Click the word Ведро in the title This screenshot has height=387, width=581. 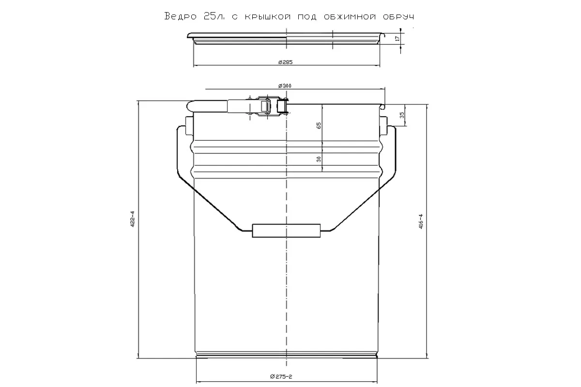179,16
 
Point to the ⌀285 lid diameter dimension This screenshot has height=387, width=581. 286,62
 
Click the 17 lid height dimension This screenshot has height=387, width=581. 397,38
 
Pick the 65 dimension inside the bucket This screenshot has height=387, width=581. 319,125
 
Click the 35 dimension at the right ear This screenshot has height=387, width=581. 402,115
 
